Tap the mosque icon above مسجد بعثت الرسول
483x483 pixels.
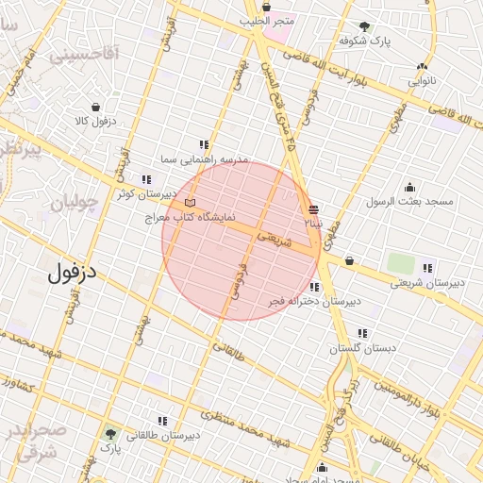point(409,187)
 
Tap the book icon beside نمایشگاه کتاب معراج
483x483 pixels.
point(191,202)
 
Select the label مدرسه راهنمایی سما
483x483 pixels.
point(204,160)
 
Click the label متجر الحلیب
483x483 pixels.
point(267,20)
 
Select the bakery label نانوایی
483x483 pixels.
point(422,81)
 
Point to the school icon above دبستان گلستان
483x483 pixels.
point(363,333)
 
